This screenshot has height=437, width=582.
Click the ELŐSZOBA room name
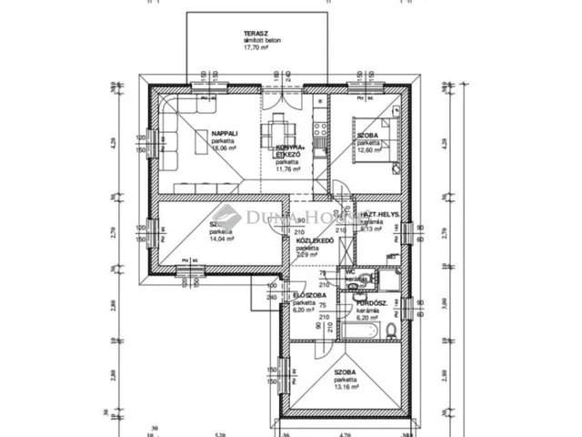coord(304,295)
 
